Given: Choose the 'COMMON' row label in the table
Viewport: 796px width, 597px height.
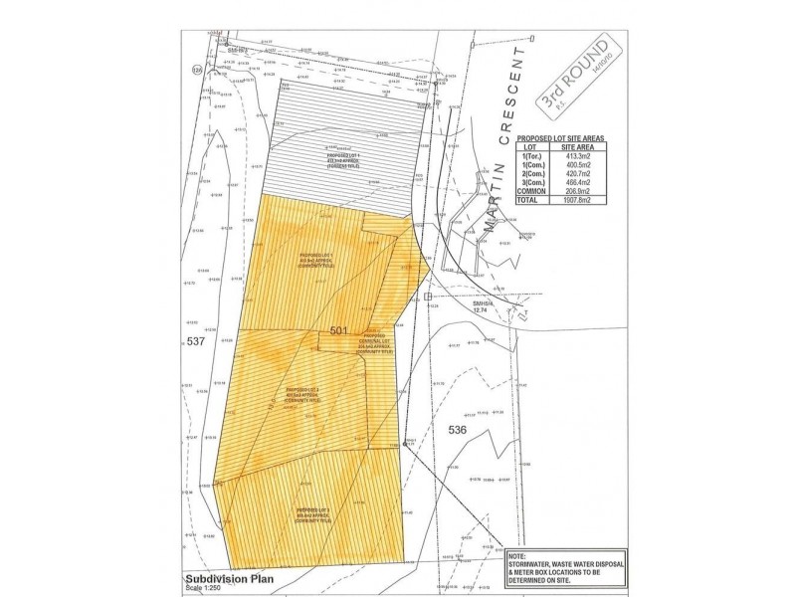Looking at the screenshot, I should (537, 192).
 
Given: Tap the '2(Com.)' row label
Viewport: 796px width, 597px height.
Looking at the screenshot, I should (537, 174).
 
